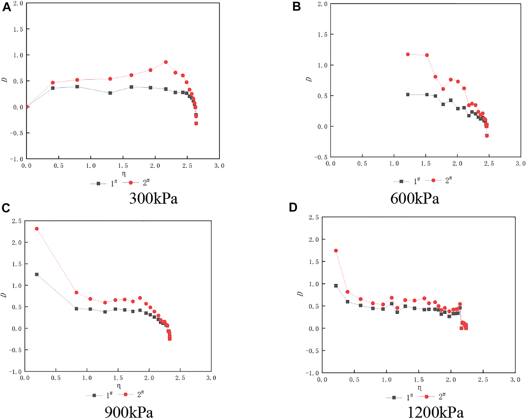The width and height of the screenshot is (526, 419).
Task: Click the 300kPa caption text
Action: (153, 199)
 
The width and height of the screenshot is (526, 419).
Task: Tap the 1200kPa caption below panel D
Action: (435, 412)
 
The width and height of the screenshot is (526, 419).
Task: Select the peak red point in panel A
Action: (166, 62)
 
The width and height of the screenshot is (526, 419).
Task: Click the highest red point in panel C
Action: (37, 229)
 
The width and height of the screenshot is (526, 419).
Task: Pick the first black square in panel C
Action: (37, 275)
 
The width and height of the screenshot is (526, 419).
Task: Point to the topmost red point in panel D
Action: (336, 251)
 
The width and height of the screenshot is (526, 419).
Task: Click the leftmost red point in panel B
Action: (408, 54)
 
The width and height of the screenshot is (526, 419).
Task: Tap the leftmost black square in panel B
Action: (408, 95)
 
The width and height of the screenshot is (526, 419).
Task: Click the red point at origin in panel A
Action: (27, 107)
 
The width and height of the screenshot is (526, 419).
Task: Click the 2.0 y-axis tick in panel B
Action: (323, 4)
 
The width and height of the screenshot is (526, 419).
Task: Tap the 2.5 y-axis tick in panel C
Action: (16, 221)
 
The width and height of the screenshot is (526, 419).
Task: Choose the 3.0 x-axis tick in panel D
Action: (515, 380)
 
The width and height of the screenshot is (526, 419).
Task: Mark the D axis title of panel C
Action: (4, 295)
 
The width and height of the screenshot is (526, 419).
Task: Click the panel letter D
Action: (293, 207)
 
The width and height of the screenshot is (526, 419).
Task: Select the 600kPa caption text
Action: (415, 199)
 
